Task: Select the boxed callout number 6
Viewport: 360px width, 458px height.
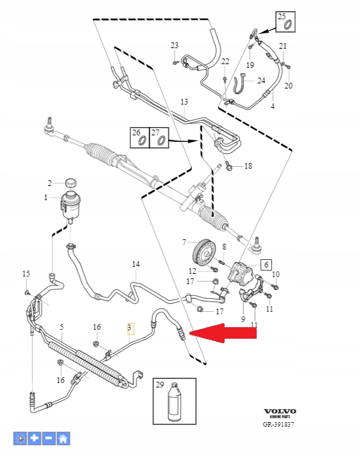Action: point(264,264)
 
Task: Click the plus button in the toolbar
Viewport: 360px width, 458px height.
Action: point(35,439)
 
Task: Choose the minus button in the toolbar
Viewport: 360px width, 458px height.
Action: point(49,439)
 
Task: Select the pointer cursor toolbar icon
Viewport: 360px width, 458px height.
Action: point(21,439)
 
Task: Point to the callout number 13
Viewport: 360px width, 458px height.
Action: point(184,102)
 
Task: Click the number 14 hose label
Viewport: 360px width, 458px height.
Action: point(135,264)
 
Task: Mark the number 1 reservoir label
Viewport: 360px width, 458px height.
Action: point(46,198)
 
